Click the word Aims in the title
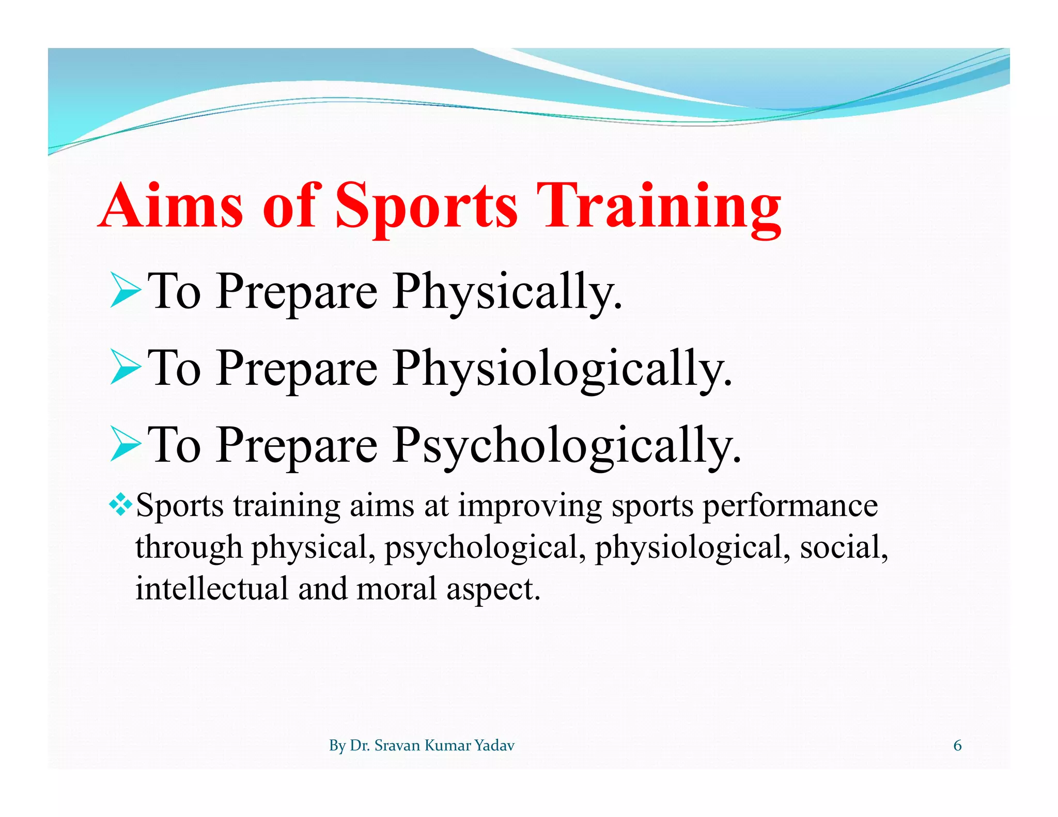170,206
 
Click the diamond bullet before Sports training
120,505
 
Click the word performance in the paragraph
790,506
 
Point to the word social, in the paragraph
844,547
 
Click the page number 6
957,746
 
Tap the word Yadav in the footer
494,746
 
